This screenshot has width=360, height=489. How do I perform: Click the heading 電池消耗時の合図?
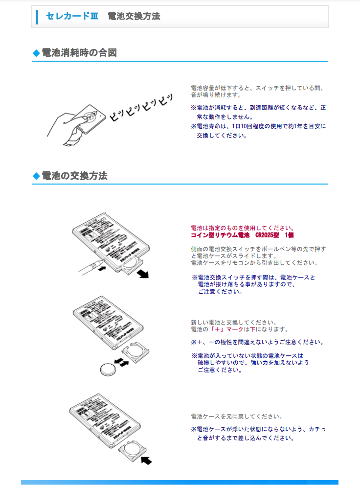click(79, 52)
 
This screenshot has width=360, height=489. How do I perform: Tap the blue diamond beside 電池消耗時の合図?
click(36, 53)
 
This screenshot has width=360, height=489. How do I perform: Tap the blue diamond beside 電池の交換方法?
click(36, 176)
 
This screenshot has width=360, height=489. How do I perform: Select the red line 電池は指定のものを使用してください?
click(242, 228)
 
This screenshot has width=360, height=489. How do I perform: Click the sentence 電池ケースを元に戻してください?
click(236, 417)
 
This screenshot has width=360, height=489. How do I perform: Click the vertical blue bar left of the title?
click(37, 16)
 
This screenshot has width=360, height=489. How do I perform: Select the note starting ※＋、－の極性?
click(257, 342)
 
